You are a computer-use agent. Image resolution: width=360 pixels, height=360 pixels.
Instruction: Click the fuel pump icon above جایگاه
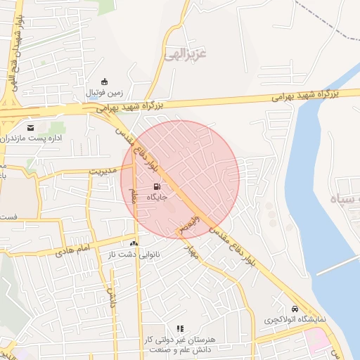click(156, 187)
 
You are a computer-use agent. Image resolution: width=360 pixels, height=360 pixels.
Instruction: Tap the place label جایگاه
click(156, 198)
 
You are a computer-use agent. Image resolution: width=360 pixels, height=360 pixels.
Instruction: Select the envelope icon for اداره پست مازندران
click(30, 127)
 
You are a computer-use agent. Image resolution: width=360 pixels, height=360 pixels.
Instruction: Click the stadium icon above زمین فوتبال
click(104, 81)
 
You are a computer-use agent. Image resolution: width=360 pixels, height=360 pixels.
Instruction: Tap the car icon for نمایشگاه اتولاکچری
click(295, 308)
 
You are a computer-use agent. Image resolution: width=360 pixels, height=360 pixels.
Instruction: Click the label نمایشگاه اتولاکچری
click(295, 319)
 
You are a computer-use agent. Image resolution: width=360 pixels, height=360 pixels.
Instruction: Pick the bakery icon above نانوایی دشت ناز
click(134, 243)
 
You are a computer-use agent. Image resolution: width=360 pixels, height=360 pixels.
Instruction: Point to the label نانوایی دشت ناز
click(134, 254)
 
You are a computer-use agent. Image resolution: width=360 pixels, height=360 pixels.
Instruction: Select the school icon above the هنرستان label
click(180, 328)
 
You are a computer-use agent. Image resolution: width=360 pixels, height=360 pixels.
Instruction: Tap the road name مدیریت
click(105, 169)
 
